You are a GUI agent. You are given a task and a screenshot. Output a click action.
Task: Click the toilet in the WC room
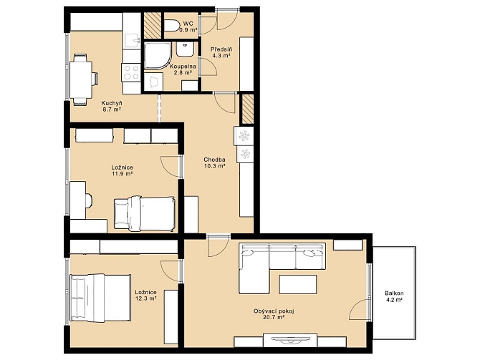pos(171,25)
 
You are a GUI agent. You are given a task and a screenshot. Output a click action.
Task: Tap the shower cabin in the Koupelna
pos(158,55)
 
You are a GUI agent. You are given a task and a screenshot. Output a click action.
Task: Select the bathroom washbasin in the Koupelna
pos(185,49)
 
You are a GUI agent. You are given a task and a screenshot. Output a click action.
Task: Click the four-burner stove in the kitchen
pos(131,72)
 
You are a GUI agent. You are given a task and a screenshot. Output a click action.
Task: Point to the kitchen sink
pos(133,42)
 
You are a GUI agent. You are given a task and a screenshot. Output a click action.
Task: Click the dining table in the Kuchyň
pos(81,79)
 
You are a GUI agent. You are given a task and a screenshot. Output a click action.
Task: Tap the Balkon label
pos(394,293)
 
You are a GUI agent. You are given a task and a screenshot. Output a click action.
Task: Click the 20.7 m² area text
pos(274,318)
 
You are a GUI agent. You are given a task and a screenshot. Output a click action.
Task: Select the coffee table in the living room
pos(298,284)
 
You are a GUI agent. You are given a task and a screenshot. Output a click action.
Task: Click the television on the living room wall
pos(290,339)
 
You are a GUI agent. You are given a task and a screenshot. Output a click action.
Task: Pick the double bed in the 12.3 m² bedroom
pos(100,298)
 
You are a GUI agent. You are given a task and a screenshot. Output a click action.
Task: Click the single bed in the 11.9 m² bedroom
pos(145,213)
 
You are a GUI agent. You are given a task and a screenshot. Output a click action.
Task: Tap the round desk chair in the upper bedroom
pos(88,200)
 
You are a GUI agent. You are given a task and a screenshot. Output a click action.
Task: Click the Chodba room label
pos(215,160)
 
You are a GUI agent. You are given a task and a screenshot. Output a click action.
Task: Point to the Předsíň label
pos(221,49)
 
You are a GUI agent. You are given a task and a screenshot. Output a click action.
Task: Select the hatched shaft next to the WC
pos(153,26)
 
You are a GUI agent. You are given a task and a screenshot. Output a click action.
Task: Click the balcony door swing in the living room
pos(360,309)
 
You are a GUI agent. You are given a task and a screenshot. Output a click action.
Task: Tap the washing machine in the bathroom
pos(154,82)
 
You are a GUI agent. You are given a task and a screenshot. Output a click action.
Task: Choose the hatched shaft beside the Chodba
pos(248,110)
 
